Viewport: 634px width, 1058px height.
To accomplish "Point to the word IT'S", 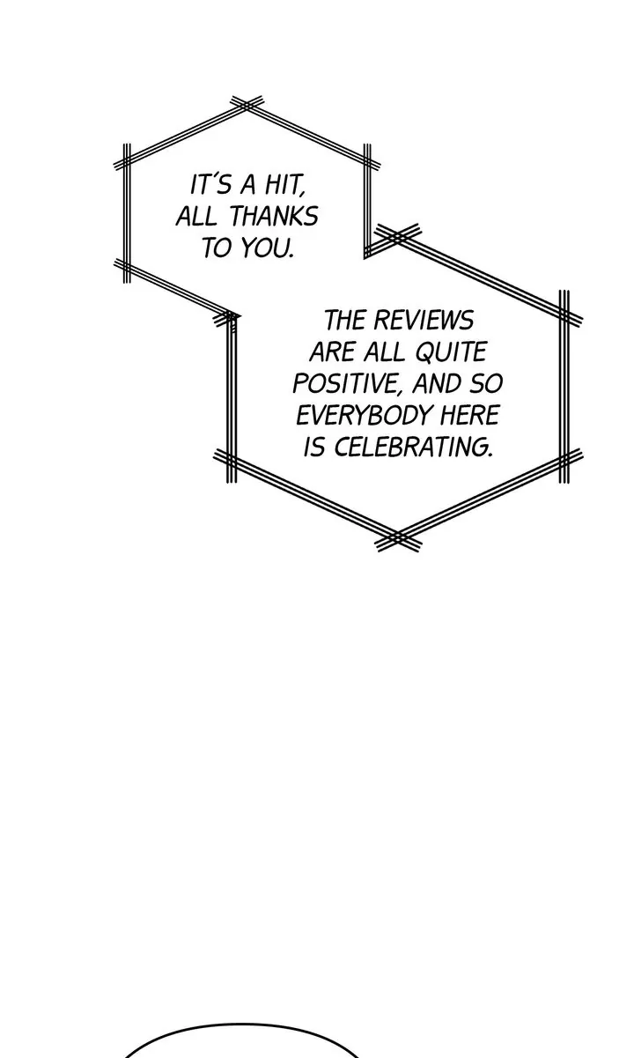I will pos(210,186).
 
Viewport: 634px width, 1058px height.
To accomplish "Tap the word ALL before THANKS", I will pos(195,217).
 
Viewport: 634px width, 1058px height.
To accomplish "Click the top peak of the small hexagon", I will pos(244,105).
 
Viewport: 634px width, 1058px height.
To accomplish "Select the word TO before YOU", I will pos(216,248).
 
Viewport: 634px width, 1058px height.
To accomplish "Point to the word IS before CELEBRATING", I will pos(314,447).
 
